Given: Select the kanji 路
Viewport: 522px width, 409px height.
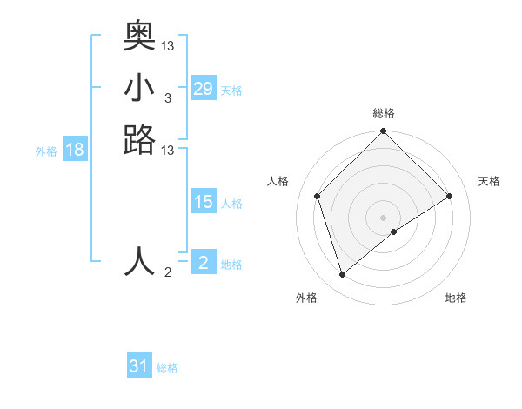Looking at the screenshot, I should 139,139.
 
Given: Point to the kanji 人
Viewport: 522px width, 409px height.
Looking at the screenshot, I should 139,260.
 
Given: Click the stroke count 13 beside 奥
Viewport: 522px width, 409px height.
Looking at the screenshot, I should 168,44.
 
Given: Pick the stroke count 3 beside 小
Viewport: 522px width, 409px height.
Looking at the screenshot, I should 168,97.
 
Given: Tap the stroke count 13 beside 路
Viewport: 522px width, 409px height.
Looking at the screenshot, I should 168,151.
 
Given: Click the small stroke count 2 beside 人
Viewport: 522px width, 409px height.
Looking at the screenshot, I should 168,272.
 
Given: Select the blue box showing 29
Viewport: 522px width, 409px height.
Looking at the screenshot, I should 204,89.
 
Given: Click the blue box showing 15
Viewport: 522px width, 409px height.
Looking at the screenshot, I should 204,202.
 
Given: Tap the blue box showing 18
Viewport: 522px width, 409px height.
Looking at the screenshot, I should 75,150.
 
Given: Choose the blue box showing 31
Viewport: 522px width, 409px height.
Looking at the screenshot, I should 139,366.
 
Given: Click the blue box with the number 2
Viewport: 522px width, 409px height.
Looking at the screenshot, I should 204,262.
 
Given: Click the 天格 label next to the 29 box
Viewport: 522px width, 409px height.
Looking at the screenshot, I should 231,91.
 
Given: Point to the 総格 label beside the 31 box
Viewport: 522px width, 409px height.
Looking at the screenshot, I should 167,368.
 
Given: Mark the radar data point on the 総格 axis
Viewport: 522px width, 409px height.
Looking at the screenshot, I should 384,132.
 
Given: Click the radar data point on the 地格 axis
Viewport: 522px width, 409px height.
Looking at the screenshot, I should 394,231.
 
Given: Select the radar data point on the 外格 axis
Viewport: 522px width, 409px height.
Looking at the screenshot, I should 342,275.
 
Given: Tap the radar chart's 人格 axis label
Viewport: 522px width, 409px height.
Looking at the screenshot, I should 278,181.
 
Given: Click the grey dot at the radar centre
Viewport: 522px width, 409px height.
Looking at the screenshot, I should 384,217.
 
